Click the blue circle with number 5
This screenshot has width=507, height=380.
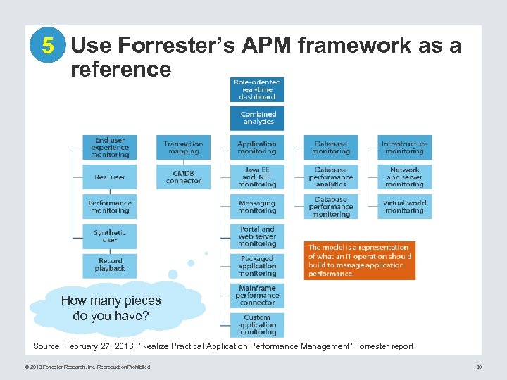pyautogui.click(x=47, y=46)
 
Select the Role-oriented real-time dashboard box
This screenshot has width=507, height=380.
pyautogui.click(x=257, y=89)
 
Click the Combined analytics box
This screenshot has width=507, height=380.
pyautogui.click(x=257, y=118)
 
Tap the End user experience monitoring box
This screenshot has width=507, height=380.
pyautogui.click(x=109, y=147)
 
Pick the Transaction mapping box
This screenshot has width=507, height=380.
pyautogui.click(x=183, y=147)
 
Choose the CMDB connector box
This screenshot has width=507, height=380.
pyautogui.click(x=183, y=177)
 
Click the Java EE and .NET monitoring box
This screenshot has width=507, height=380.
pyautogui.click(x=257, y=177)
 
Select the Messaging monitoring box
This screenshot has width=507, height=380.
pyautogui.click(x=257, y=206)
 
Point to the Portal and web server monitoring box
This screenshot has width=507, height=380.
pyautogui.click(x=257, y=236)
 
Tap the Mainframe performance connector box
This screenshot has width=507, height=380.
pyautogui.click(x=257, y=296)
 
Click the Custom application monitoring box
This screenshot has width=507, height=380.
pyautogui.click(x=257, y=325)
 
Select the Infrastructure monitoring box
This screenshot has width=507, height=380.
pyautogui.click(x=404, y=147)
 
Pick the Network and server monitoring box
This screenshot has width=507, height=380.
pyautogui.click(x=404, y=177)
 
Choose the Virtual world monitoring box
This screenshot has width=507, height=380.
pyautogui.click(x=404, y=206)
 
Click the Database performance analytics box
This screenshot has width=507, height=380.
pyautogui.click(x=331, y=177)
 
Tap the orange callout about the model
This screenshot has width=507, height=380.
pyautogui.click(x=359, y=260)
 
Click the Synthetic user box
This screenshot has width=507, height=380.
pyautogui.click(x=109, y=236)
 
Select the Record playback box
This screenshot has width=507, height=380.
pyautogui.click(x=109, y=265)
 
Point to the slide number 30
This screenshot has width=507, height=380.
pyautogui.click(x=478, y=367)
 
